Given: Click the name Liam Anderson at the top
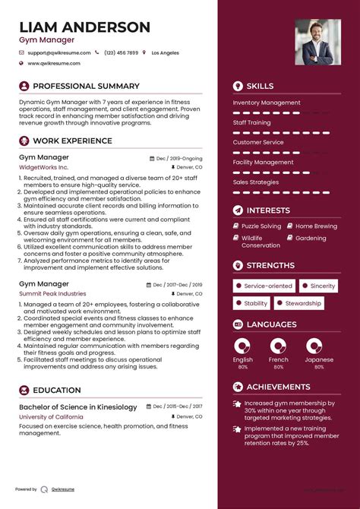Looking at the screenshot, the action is tap(84, 27).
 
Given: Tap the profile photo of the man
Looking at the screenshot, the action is tap(318, 42).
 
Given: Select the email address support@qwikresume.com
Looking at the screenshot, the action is tap(58, 52).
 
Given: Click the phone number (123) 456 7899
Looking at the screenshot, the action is tap(122, 52).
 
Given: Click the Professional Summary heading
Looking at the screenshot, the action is tap(86, 87).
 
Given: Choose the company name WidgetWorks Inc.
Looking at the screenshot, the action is tap(43, 166).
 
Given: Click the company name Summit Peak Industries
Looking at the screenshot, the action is tap(52, 293).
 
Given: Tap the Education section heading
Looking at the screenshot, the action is tap(57, 390).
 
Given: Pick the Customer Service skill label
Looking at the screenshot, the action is tap(258, 142).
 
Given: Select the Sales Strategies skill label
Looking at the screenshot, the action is tap(256, 182).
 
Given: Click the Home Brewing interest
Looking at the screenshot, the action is tap(316, 226).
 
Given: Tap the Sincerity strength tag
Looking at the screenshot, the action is tap(323, 286).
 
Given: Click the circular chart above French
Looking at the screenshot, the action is tap(279, 346).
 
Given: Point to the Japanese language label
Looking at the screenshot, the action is tap(319, 359).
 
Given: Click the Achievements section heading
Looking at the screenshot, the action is tap(278, 387).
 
